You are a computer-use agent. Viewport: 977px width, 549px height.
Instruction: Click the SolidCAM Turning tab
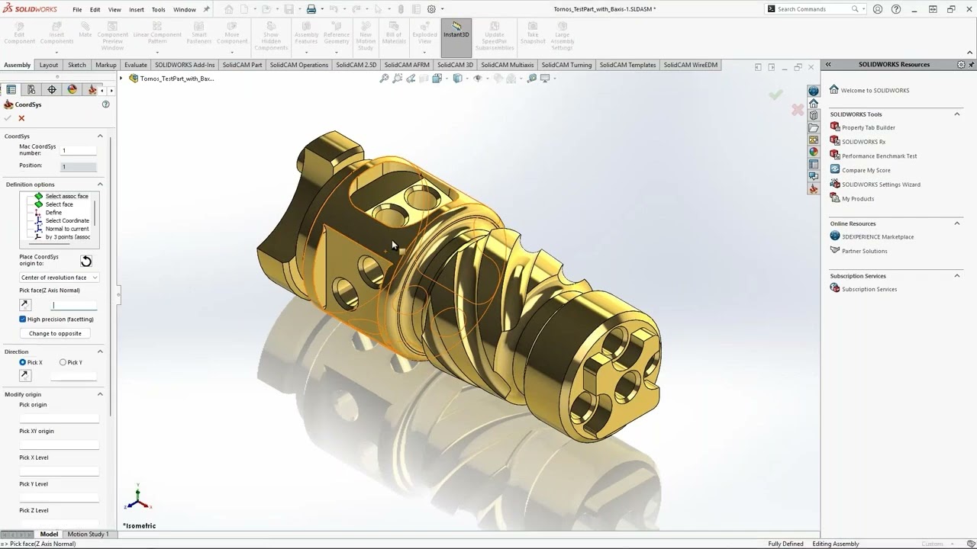(568, 65)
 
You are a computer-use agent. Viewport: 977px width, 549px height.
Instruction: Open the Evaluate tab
(135, 65)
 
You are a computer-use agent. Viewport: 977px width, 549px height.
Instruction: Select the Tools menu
(158, 10)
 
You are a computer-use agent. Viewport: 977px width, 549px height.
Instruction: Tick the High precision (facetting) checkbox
(23, 319)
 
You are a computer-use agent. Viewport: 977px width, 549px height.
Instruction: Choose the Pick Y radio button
(63, 362)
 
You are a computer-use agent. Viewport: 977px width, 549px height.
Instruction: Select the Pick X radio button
(23, 362)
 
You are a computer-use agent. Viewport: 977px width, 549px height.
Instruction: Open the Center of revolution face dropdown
(59, 278)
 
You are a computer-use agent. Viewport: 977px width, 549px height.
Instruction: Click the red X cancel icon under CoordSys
(21, 118)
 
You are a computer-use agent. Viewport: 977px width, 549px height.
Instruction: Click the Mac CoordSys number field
(79, 150)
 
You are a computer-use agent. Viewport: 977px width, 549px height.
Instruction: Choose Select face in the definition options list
(59, 204)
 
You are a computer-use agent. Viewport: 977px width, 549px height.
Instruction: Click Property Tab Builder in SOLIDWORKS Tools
(868, 127)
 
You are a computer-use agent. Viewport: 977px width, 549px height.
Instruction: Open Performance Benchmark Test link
(879, 156)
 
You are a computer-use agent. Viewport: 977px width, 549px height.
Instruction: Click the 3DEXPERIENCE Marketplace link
(877, 237)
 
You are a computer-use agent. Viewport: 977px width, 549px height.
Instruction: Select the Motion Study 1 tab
(88, 535)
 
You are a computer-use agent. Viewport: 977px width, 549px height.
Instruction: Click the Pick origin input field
(59, 417)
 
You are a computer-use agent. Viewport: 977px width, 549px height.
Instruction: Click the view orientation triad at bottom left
(137, 498)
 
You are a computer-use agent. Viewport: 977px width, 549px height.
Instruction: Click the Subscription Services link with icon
(869, 290)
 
